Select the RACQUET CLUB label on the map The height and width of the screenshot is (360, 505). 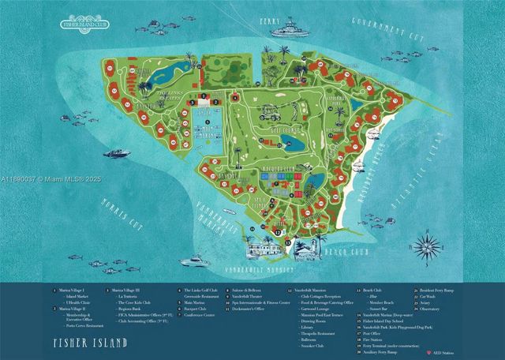click(x=278, y=169)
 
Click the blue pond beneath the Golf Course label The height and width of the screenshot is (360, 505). click(x=293, y=144)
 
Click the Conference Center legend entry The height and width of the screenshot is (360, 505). click(x=200, y=313)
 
